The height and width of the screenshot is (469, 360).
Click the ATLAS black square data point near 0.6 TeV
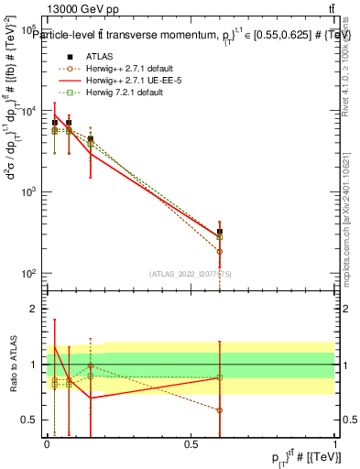[x=220, y=233]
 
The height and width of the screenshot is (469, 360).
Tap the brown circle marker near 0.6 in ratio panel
[x=220, y=409]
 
